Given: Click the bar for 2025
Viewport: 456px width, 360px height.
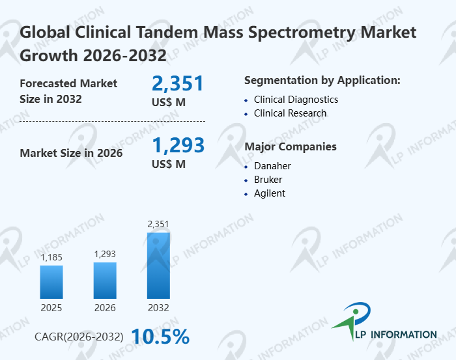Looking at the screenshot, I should (51, 281).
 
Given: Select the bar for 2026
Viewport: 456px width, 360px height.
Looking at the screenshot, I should (105, 280).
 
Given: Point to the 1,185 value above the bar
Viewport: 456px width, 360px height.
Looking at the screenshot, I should (51, 258).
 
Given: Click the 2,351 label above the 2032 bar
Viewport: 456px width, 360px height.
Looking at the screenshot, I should (158, 225).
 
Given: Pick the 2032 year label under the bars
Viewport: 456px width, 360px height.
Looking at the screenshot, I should (158, 307).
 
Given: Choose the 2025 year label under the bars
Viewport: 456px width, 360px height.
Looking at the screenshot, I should (51, 307).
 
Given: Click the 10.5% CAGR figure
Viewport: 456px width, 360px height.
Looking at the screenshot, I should (160, 337).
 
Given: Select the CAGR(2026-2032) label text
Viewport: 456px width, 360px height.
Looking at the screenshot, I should (79, 337).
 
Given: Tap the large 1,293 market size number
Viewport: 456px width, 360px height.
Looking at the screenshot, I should (178, 145).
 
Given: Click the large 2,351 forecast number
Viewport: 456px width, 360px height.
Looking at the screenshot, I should (178, 83).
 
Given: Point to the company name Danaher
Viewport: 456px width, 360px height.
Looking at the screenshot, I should (272, 166).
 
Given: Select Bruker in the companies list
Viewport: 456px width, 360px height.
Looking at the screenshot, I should (268, 180).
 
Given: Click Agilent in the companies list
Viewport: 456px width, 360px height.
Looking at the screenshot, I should (270, 193).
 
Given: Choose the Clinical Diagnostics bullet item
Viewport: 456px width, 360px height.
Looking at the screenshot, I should (296, 100).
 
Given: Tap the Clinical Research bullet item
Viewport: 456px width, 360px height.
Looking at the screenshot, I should (290, 113).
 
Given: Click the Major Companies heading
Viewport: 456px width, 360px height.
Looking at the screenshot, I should (290, 146).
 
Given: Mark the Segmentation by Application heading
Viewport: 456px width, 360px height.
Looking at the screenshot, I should (322, 81).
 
